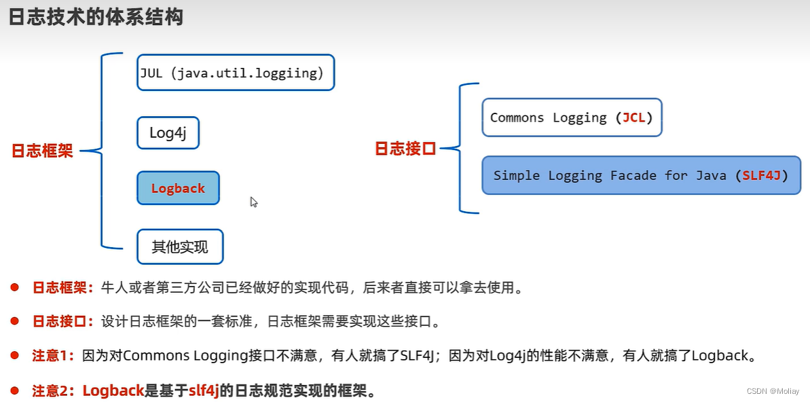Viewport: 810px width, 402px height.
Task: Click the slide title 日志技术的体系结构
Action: pyautogui.click(x=96, y=17)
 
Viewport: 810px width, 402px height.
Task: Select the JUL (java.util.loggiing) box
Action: pyautogui.click(x=236, y=73)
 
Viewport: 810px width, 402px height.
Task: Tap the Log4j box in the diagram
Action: pyautogui.click(x=168, y=133)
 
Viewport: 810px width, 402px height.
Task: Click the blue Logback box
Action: pyautogui.click(x=178, y=188)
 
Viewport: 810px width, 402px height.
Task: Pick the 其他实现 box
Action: pyautogui.click(x=180, y=247)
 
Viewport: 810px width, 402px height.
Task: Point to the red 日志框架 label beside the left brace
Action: pyautogui.click(x=42, y=151)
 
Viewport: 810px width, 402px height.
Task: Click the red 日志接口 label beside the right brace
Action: pyautogui.click(x=405, y=149)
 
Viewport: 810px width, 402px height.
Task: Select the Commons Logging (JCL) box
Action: pyautogui.click(x=571, y=117)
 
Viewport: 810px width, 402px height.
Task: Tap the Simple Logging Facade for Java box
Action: pyautogui.click(x=641, y=175)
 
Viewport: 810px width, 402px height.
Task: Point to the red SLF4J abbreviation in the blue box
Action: pyautogui.click(x=760, y=175)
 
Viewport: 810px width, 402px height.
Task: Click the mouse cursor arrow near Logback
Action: pyautogui.click(x=254, y=202)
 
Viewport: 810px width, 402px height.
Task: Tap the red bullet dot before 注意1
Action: pyautogui.click(x=14, y=354)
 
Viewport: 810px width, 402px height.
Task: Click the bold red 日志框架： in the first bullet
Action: pyautogui.click(x=63, y=288)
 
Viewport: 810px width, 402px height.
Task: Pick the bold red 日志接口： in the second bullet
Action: pyautogui.click(x=63, y=321)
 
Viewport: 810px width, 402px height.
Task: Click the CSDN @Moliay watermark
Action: pyautogui.click(x=773, y=392)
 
